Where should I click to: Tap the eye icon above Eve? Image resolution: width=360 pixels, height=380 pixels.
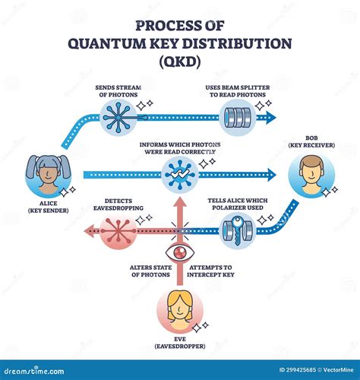coord(180,252)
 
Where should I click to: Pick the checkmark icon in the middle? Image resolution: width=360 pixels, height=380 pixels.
coord(180,174)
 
